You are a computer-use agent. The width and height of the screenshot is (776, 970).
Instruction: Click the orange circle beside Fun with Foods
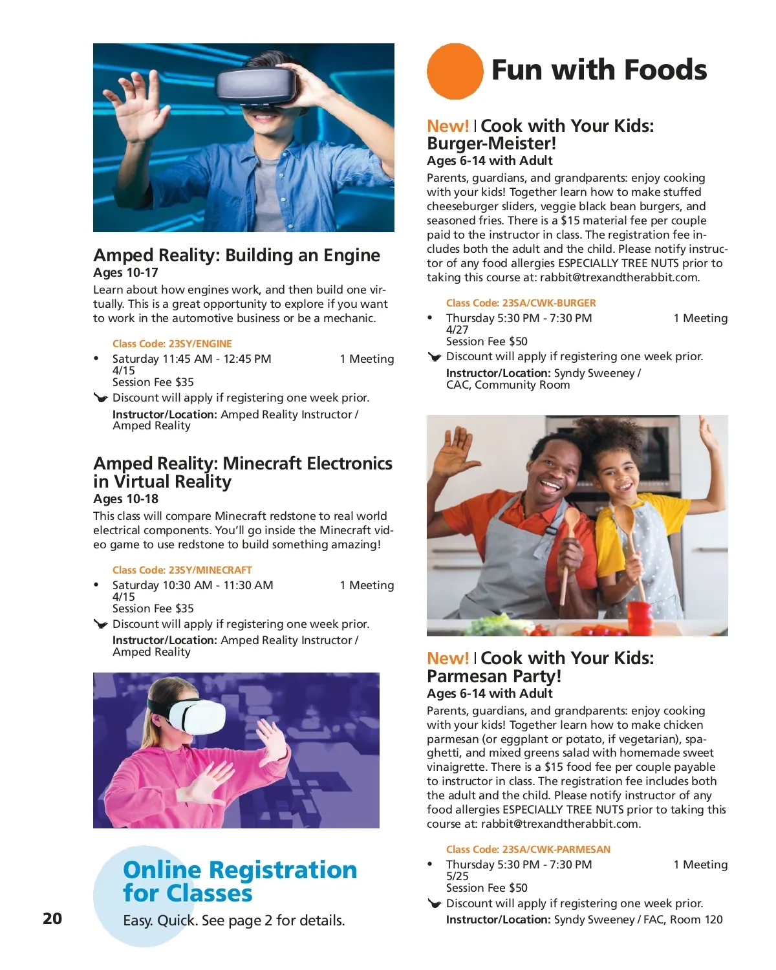click(x=455, y=71)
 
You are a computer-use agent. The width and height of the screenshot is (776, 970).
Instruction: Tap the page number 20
click(x=52, y=918)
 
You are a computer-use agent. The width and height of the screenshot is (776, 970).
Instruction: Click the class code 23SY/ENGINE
click(x=172, y=344)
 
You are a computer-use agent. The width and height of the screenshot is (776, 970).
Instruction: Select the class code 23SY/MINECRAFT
click(x=182, y=570)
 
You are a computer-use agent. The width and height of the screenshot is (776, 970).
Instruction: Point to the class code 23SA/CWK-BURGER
click(x=521, y=303)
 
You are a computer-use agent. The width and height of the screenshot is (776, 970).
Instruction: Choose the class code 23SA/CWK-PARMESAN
click(x=528, y=850)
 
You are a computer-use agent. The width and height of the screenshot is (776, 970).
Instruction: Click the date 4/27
click(x=457, y=330)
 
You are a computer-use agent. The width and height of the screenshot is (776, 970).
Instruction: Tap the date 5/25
click(x=457, y=876)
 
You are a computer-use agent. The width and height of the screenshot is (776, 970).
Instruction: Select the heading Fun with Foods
click(x=599, y=70)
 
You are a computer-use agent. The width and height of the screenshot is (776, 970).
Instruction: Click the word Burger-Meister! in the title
click(x=491, y=144)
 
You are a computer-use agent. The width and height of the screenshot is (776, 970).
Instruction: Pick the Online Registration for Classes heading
click(x=239, y=881)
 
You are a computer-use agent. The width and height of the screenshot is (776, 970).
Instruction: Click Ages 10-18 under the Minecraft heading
click(x=125, y=499)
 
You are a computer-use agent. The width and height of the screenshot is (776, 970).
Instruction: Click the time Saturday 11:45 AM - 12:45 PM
click(x=191, y=359)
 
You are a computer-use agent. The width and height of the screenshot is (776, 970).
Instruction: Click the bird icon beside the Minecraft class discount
click(x=100, y=624)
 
